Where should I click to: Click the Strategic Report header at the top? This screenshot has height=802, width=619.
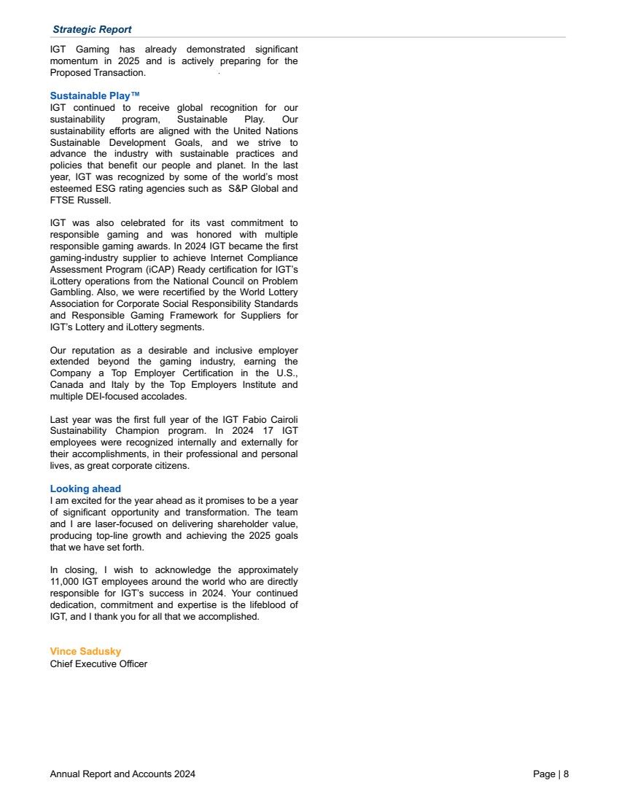point(92,29)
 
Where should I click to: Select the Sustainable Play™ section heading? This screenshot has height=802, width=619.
point(95,96)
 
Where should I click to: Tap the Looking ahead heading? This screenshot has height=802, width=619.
point(85,488)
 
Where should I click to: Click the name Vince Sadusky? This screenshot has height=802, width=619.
point(85,651)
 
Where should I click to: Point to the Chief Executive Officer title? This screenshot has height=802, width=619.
point(98,663)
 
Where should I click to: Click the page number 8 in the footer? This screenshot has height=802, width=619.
point(566,774)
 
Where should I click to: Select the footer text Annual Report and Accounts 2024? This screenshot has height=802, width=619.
point(122,774)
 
